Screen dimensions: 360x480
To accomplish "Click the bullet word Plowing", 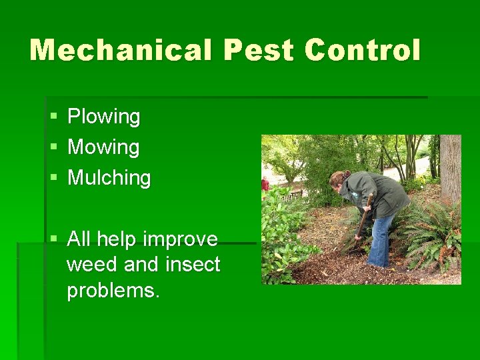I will coord(104,117).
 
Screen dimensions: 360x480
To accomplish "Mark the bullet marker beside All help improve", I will coord(53,239).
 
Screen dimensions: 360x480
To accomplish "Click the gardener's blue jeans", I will coord(381,240).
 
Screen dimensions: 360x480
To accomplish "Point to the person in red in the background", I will coord(265,183).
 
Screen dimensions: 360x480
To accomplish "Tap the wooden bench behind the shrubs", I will coord(293,195).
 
